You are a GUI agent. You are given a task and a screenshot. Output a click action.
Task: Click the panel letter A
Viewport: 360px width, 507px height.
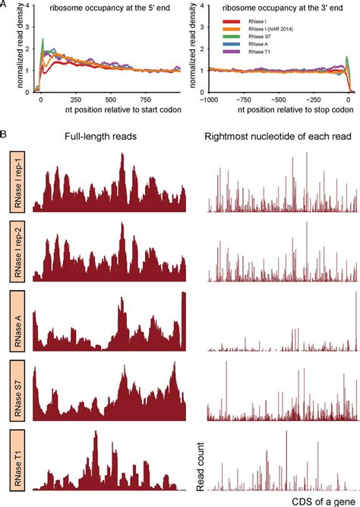click(x=5, y=5)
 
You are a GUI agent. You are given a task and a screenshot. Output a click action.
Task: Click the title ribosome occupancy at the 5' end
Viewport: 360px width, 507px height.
click(x=101, y=8)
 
